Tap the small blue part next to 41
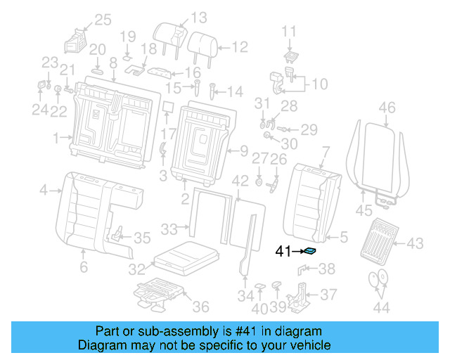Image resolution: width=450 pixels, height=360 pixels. [x=308, y=250]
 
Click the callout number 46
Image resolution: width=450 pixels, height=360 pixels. [x=387, y=108]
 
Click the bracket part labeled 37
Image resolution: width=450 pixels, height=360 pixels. [x=302, y=292]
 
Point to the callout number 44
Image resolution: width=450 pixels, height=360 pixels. [x=380, y=307]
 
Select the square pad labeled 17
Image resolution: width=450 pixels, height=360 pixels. [x=167, y=108]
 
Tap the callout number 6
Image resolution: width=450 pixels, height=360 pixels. [x=83, y=267]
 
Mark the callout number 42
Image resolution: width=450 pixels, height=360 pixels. [x=240, y=181]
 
